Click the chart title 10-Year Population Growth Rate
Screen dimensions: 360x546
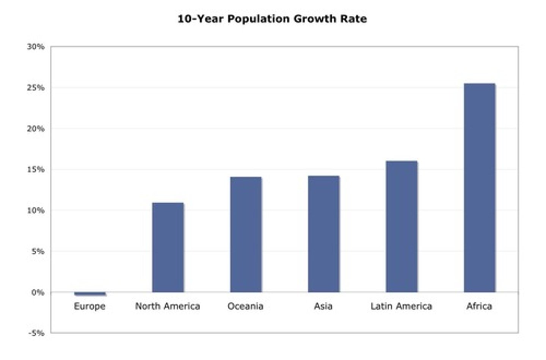pos(272,19)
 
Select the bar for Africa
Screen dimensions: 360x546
pos(479,188)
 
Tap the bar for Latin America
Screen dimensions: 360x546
pos(402,227)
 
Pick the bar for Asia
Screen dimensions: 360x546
pos(323,234)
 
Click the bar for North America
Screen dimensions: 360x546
pos(168,247)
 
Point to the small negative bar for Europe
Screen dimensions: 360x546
pos(90,294)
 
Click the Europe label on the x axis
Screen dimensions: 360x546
pos(89,306)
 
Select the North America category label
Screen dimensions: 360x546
pos(168,306)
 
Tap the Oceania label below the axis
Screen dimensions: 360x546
pos(245,306)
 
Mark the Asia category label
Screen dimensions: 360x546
pos(323,306)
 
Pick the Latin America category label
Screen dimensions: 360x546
pos(401,306)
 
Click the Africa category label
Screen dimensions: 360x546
pos(479,306)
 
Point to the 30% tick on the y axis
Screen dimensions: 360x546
pos(36,47)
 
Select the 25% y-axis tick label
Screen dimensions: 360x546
pos(36,88)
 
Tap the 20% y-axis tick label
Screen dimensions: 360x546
pos(36,129)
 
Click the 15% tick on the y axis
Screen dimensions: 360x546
pos(36,170)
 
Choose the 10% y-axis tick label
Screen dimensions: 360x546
pos(36,211)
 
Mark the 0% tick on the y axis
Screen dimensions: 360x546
pos(38,293)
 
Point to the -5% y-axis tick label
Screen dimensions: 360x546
pos(36,333)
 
